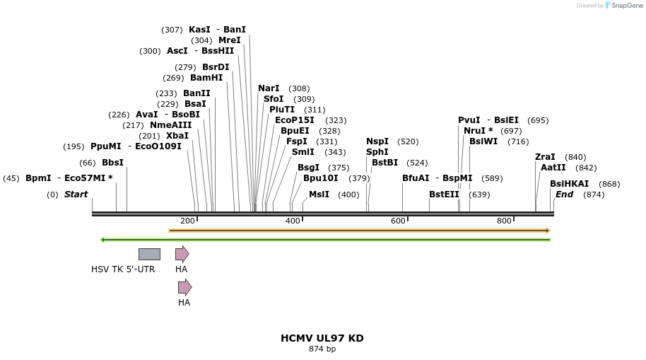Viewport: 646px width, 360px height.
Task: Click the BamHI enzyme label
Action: [206, 78]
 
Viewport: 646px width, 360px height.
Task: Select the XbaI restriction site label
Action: [177, 136]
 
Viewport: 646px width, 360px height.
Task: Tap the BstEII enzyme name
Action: [444, 194]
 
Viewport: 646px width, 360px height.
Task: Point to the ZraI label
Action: [545, 157]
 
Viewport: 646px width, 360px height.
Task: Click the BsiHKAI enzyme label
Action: [569, 184]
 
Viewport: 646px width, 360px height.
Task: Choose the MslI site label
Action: [319, 194]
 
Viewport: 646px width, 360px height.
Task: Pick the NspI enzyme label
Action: [377, 141]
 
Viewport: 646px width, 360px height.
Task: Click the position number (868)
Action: [609, 184]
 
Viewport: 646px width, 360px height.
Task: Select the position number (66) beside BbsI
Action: [88, 163]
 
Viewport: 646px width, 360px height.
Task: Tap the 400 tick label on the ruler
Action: [293, 221]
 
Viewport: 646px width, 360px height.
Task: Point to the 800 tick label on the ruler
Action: [504, 221]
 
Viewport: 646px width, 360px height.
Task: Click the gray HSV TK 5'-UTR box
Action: [149, 254]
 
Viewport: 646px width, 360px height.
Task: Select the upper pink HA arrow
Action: [182, 254]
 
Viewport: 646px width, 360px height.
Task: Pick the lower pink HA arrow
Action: [184, 287]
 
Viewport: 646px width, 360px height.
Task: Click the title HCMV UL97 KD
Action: [322, 338]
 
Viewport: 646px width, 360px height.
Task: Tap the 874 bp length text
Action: [322, 349]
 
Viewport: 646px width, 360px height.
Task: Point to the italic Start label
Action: [76, 194]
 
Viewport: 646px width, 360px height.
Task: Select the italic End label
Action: [564, 194]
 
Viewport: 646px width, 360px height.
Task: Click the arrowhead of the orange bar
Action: [547, 231]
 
